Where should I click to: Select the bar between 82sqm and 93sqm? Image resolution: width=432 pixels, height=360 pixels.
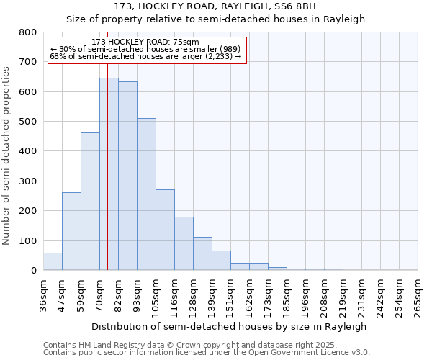[127, 176]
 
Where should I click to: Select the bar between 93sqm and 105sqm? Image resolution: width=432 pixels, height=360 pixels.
[146, 194]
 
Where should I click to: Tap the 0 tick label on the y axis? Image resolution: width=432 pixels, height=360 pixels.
[33, 271]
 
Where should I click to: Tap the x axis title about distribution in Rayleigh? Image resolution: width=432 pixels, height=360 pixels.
[230, 326]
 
